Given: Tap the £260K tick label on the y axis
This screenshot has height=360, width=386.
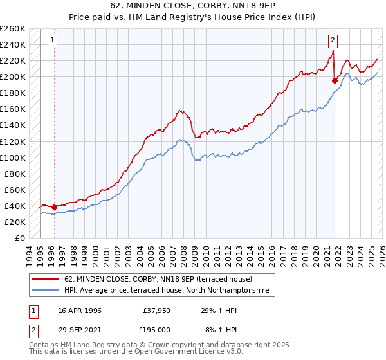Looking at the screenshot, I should pyautogui.click(x=13, y=29).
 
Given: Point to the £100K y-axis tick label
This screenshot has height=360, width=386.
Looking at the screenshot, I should pyautogui.click(x=13, y=157).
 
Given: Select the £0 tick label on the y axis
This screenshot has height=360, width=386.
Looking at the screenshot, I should pyautogui.click(x=19, y=238).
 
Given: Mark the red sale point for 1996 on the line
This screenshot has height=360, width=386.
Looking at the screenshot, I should pyautogui.click(x=54, y=207).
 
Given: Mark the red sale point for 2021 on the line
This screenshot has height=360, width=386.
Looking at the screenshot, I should pyautogui.click(x=335, y=80).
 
